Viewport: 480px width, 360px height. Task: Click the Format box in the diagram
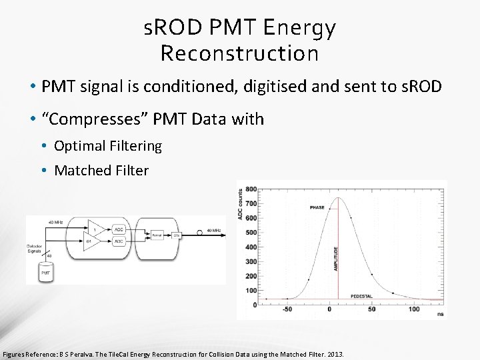click(x=157, y=235)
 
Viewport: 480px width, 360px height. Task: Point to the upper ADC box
click(x=119, y=229)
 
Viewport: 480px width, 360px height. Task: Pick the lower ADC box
click(x=119, y=241)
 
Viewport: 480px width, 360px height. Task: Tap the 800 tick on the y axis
click(x=251, y=189)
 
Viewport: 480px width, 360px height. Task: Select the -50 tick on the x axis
click(x=287, y=309)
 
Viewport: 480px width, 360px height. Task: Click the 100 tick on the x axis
click(x=414, y=309)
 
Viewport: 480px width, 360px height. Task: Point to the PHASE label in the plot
click(x=317, y=207)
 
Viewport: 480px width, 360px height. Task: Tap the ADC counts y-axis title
click(x=241, y=204)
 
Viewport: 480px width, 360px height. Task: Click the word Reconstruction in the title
click(x=240, y=53)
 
